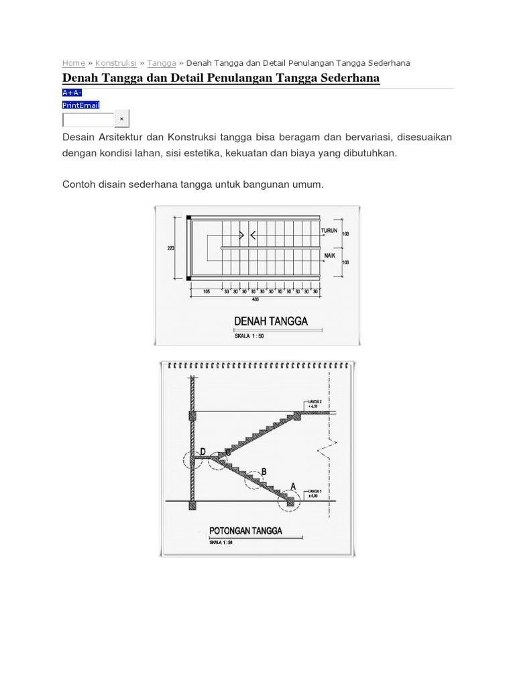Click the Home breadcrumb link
pos(73,62)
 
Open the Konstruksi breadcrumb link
pos(115,62)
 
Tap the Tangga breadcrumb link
pos(161,62)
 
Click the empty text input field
pos(89,119)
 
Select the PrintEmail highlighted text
pos(80,105)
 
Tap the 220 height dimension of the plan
pos(170,248)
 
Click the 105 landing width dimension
pos(207,292)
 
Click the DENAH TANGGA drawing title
pos(271,321)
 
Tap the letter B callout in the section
pos(264,472)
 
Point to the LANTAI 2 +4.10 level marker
pos(314,403)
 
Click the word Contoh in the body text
pos(80,184)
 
